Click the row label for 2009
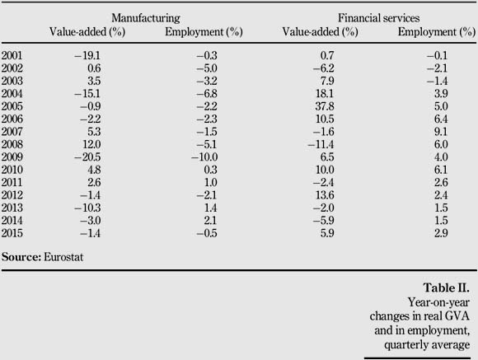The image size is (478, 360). pyautogui.click(x=12, y=157)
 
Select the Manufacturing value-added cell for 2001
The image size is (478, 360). pyautogui.click(x=87, y=55)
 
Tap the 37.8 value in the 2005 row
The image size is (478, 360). pyautogui.click(x=325, y=106)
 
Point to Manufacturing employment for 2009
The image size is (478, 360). pyautogui.click(x=204, y=157)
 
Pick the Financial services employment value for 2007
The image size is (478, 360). pyautogui.click(x=441, y=132)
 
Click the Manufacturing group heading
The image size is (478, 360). pyautogui.click(x=146, y=18)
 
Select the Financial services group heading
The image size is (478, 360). pyautogui.click(x=378, y=18)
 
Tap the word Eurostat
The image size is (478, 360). pyautogui.click(x=63, y=257)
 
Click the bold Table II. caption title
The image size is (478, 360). pyautogui.click(x=447, y=288)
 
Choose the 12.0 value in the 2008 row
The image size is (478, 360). pyautogui.click(x=91, y=144)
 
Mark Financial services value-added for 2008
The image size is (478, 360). pyautogui.click(x=321, y=144)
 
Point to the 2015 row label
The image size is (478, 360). pyautogui.click(x=12, y=233)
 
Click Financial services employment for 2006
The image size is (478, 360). pyautogui.click(x=441, y=119)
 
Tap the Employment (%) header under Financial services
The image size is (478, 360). pyautogui.click(x=437, y=32)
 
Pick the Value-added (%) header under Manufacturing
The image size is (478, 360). pyautogui.click(x=87, y=32)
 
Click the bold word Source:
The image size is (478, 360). pyautogui.click(x=21, y=257)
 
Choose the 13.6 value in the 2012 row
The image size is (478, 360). pyautogui.click(x=325, y=195)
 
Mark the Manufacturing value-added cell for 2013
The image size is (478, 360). pyautogui.click(x=87, y=208)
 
